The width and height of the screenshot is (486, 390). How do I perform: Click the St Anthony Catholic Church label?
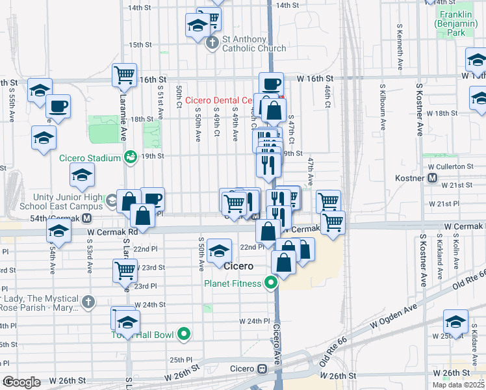[x=253, y=44]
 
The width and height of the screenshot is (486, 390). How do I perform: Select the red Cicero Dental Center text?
[x=218, y=100]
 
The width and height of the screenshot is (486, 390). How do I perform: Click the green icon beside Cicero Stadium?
[x=131, y=157]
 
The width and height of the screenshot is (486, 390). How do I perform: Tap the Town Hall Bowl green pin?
[x=185, y=335]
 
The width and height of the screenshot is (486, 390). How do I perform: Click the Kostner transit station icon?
[x=433, y=178]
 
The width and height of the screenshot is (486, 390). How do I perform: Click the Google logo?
[x=21, y=382]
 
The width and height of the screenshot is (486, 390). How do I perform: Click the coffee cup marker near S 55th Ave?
[x=58, y=106]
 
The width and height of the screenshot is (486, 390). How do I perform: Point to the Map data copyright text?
[x=459, y=385]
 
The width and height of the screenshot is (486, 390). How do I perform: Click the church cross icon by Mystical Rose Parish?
[x=88, y=302]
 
